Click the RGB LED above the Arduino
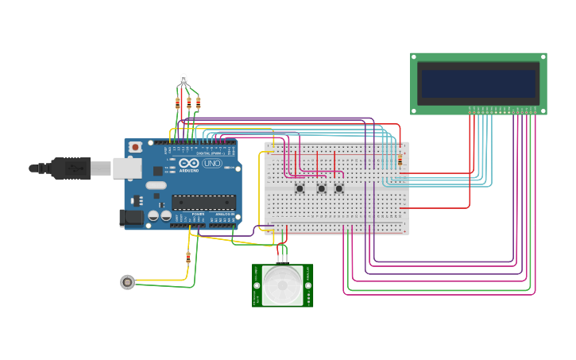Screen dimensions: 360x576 coord(184,79)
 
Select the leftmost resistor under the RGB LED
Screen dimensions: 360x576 coord(177,103)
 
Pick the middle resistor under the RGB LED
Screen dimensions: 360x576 coord(188,103)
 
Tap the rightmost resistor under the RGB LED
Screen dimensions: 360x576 coord(198,103)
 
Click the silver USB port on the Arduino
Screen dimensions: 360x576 coord(126,168)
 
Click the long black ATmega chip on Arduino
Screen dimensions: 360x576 coord(203,203)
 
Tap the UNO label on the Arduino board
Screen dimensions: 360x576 coord(212,163)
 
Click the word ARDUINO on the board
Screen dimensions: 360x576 coord(188,169)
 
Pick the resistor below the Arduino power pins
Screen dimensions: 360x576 coord(188,257)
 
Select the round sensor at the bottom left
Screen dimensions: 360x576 coord(127,281)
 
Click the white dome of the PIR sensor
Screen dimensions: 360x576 coord(283,284)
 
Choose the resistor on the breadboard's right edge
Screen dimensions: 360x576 coord(400,161)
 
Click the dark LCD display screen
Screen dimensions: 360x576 coord(478,83)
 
